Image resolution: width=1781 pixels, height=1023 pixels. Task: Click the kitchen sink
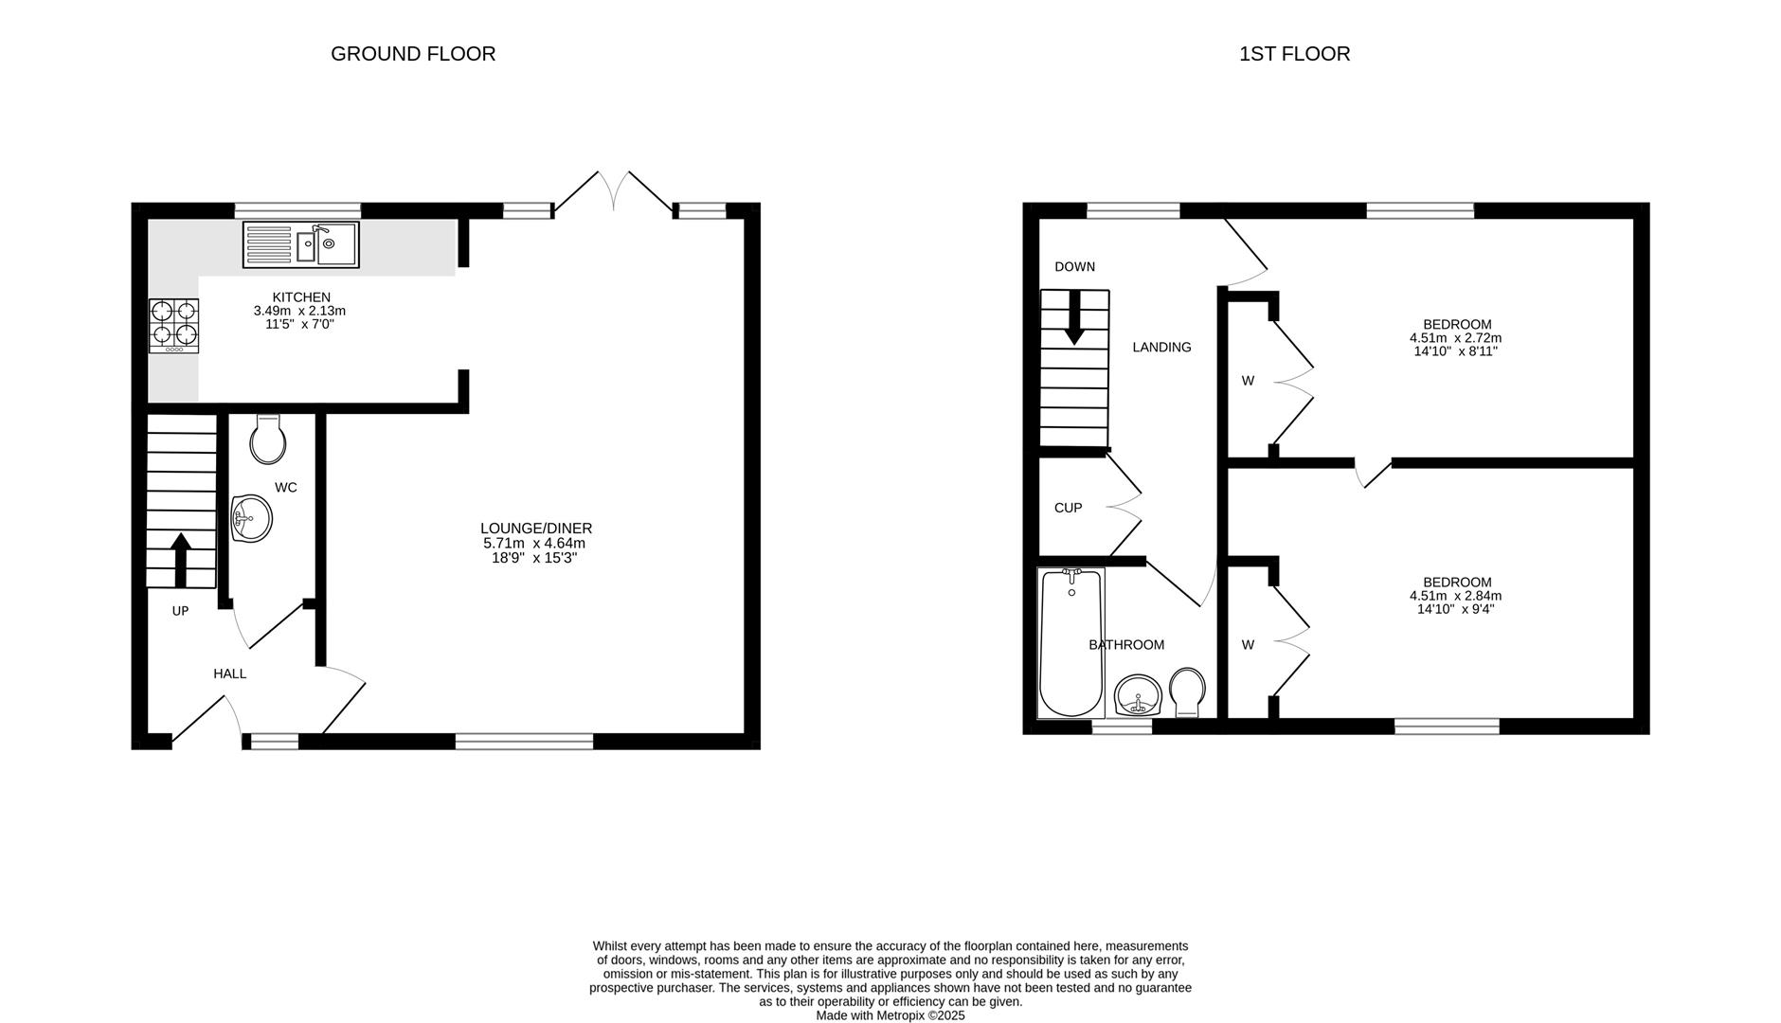(301, 244)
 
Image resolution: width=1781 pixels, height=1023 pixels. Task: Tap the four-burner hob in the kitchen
(173, 326)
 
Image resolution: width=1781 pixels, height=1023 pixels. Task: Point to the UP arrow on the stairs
(180, 559)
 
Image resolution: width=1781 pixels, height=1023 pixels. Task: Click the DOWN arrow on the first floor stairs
(1074, 317)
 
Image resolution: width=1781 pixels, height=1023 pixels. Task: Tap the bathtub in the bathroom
(1070, 644)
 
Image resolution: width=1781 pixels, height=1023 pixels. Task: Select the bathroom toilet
(1187, 691)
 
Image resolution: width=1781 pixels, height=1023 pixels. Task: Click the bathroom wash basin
(1138, 697)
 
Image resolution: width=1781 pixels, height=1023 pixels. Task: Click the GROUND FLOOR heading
(413, 54)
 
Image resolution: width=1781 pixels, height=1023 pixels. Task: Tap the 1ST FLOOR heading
(1294, 54)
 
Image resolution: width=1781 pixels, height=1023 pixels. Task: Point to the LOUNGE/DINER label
(535, 529)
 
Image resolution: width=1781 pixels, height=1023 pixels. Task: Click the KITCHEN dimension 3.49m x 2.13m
(299, 311)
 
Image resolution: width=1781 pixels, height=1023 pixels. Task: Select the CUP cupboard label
(1068, 508)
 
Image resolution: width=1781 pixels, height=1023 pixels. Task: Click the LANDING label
(1161, 348)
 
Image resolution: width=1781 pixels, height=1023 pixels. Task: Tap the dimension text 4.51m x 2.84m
(1456, 596)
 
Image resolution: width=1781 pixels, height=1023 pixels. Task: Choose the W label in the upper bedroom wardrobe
(1248, 381)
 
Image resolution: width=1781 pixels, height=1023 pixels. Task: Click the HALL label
(229, 673)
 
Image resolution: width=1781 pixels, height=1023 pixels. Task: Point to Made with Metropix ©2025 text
(890, 1015)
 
